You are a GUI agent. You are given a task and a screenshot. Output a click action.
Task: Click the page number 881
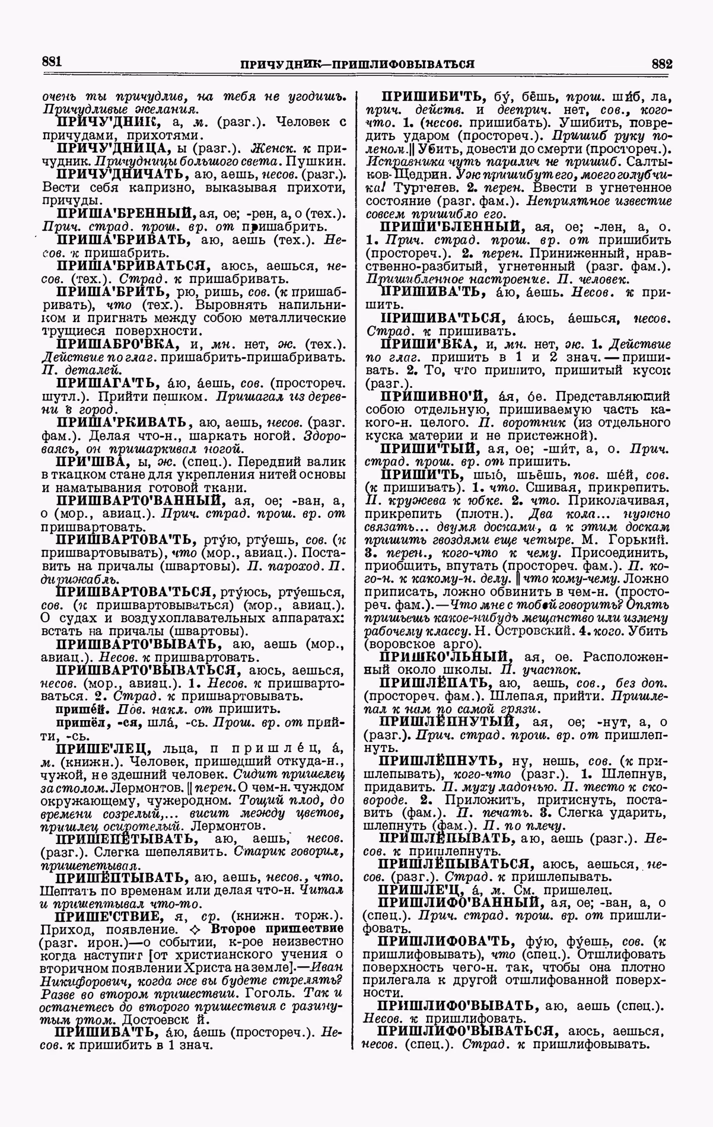[x=53, y=61]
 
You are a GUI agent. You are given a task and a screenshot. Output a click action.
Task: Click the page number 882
[x=660, y=63]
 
